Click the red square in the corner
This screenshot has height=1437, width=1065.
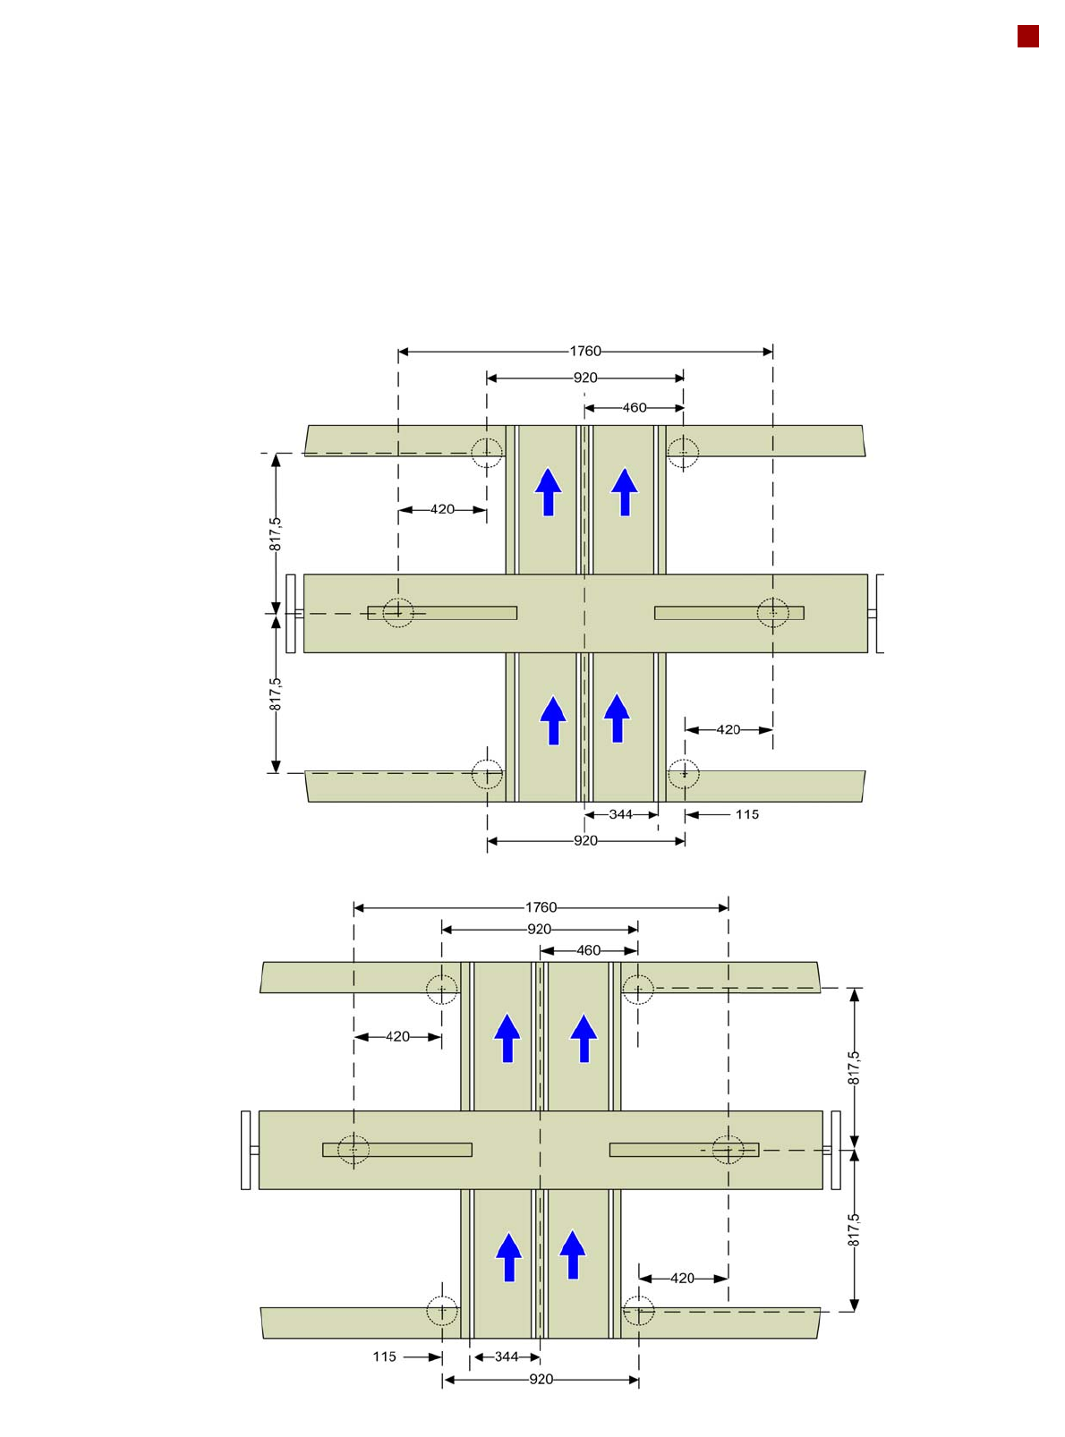(x=1027, y=37)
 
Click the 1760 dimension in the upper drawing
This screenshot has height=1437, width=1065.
(x=584, y=351)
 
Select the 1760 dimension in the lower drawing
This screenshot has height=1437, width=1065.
(x=540, y=907)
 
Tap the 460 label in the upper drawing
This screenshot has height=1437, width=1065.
(x=634, y=407)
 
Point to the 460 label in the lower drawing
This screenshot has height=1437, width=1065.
(x=588, y=949)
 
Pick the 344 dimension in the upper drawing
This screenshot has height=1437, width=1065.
(x=620, y=814)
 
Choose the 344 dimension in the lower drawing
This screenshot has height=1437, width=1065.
(x=507, y=1356)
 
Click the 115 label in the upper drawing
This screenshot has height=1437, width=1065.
(x=746, y=814)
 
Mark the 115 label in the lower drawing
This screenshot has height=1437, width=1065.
(x=384, y=1356)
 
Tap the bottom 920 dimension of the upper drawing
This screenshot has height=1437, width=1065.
(x=585, y=841)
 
